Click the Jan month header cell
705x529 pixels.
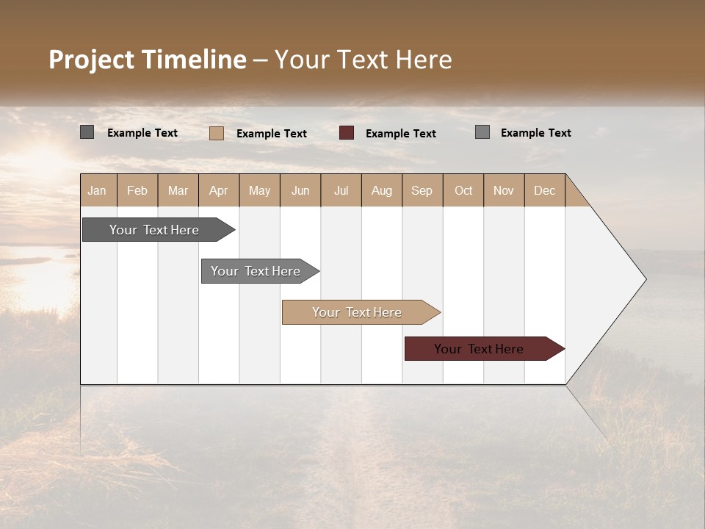(98, 190)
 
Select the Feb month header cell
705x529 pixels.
(137, 190)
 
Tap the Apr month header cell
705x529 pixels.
(219, 190)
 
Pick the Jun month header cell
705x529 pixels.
(300, 190)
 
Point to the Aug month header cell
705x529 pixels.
(382, 190)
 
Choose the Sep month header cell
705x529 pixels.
(422, 190)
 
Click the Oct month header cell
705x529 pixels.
(463, 190)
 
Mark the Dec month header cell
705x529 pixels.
(545, 190)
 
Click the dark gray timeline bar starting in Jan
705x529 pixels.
(155, 230)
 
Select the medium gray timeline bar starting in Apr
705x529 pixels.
(256, 271)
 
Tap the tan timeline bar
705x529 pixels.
(358, 312)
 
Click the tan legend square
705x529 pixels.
(217, 133)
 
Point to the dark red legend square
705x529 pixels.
(347, 133)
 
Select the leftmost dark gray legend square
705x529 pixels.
(87, 132)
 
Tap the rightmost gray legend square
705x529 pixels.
(482, 132)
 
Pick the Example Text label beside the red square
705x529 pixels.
(401, 134)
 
